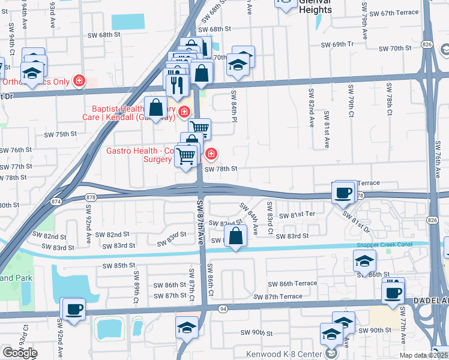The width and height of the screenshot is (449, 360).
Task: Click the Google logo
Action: [x=20, y=353]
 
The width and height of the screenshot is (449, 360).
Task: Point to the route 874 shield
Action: [x=55, y=201]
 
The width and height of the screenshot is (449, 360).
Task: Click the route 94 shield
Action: [x=223, y=308]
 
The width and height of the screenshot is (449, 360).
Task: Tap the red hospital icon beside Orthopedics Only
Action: [x=79, y=81]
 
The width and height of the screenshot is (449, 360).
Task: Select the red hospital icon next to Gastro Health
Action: [x=211, y=155]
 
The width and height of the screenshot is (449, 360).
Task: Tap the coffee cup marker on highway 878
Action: [x=343, y=193]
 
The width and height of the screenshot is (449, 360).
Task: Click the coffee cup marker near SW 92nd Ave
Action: [x=73, y=309]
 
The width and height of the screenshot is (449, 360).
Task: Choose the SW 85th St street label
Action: [x=119, y=265]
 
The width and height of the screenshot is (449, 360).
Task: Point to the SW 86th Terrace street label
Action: [x=292, y=283]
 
